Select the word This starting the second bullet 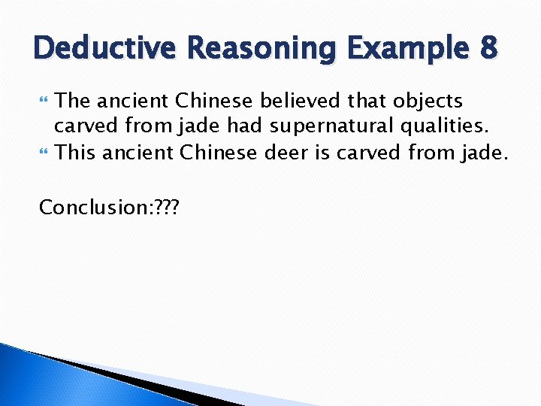point(75,154)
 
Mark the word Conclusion point(85,207)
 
